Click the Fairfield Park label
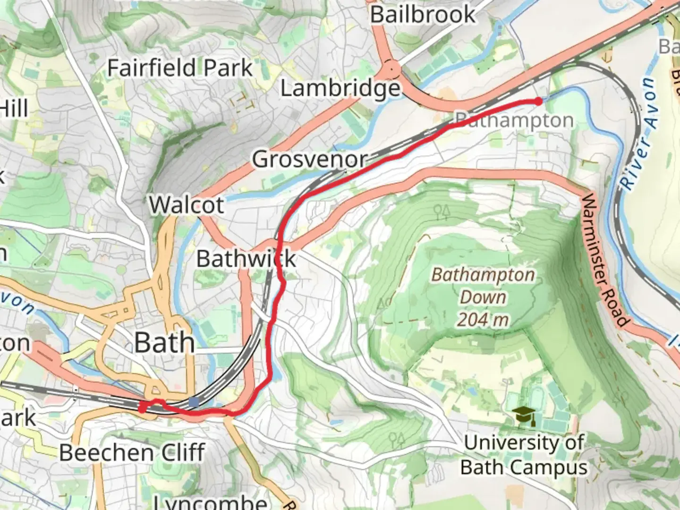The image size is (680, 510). pos(180,68)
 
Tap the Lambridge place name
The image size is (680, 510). pos(340,88)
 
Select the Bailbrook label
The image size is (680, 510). pos(423,15)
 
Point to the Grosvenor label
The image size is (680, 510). pos(310,160)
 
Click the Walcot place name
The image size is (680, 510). pos(187,205)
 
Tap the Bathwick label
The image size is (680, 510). pos(246,259)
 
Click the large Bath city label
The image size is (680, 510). pos(164,342)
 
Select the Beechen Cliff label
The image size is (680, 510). pos(132,453)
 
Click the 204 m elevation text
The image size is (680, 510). pos(483,320)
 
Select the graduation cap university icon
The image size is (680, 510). pos(524,415)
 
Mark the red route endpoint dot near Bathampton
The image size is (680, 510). pos(538,101)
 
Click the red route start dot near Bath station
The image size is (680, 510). pos(142,407)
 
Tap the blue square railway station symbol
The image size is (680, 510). pos(194,402)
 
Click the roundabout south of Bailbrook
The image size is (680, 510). pos(391,70)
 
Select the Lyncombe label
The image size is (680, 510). pos(210,501)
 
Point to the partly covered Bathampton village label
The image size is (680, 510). pos(515,120)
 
